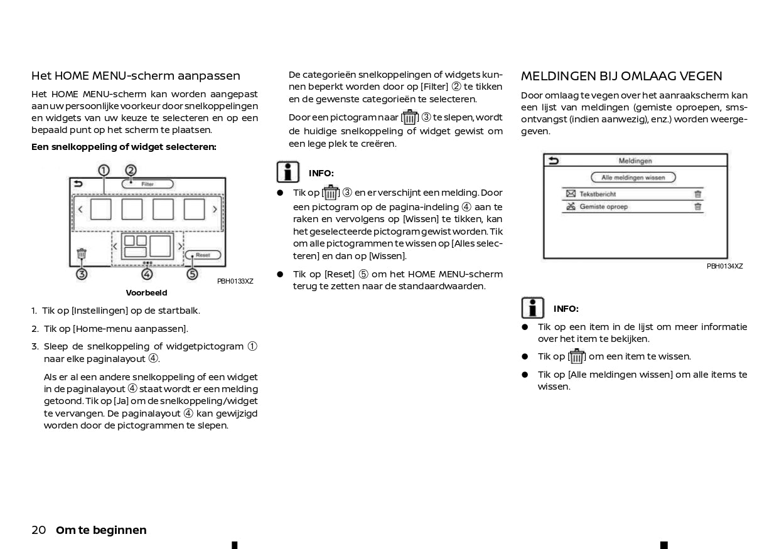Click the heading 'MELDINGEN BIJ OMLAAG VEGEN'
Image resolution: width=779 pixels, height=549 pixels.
click(x=621, y=77)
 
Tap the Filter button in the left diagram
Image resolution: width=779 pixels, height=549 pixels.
click(x=148, y=184)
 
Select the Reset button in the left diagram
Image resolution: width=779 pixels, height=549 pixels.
click(x=203, y=255)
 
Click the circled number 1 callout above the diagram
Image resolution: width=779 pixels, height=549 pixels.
click(x=104, y=170)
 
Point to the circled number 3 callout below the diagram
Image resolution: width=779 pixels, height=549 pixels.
click(x=82, y=274)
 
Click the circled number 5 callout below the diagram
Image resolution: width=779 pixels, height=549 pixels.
click(x=192, y=274)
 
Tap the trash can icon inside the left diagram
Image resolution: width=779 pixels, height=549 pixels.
click(x=82, y=254)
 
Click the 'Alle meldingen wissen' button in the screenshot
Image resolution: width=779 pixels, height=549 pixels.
click(x=633, y=178)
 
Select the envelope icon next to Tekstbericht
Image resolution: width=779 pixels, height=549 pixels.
click(x=571, y=195)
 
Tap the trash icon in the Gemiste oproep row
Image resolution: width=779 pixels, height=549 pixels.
click(x=697, y=206)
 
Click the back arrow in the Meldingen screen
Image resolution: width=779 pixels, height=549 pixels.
click(x=553, y=161)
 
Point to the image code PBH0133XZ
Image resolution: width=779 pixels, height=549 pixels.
click(x=235, y=281)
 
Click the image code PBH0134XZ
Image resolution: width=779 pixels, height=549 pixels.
click(x=724, y=266)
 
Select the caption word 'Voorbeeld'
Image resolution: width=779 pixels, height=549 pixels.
click(x=146, y=293)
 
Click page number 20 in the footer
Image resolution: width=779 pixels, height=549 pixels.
click(x=38, y=530)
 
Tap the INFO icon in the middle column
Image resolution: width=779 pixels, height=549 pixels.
click(x=288, y=172)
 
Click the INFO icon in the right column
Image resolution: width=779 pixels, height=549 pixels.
click(x=533, y=308)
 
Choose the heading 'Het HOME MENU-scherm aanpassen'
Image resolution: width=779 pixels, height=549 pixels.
click(x=136, y=76)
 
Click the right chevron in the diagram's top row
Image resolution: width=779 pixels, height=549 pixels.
click(x=215, y=210)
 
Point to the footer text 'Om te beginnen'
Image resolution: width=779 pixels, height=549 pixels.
click(x=101, y=530)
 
